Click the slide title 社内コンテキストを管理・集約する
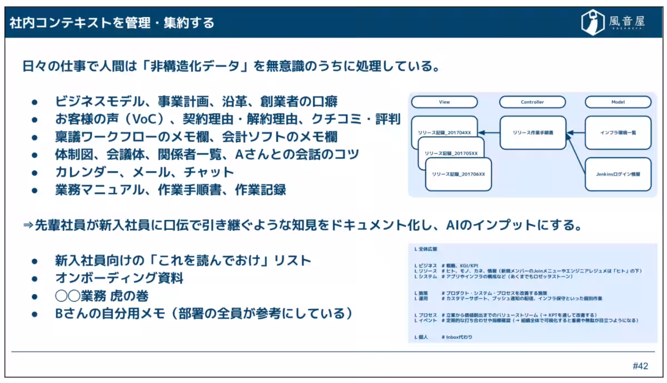[112, 23]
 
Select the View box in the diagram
[444, 102]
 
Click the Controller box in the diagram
[532, 102]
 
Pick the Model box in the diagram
[618, 102]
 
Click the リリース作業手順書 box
[532, 133]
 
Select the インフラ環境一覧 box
[618, 133]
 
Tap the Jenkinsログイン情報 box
[618, 174]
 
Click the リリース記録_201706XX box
[459, 174]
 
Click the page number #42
[640, 366]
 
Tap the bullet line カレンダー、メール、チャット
[145, 172]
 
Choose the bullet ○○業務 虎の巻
[101, 296]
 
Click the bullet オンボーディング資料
[119, 278]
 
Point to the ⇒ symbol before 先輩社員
[28, 226]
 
